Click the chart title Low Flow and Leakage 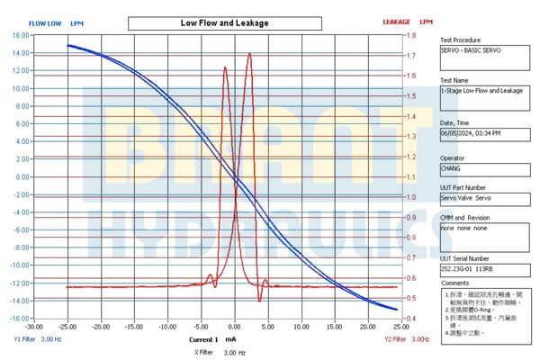(x=225, y=22)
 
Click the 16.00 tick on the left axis (x=19, y=35)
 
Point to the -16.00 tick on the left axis (x=18, y=319)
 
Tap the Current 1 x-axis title (x=203, y=340)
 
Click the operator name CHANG (x=452, y=166)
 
